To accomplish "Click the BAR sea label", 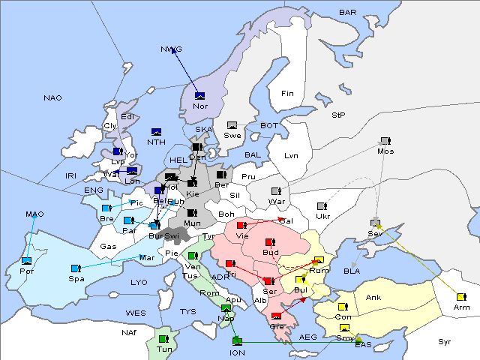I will [348, 12].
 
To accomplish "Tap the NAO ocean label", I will [52, 98].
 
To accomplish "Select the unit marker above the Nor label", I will [199, 95].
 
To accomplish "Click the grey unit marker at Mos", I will [385, 140].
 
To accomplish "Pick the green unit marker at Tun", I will [163, 339].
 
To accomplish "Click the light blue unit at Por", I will [27, 260].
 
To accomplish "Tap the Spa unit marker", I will [75, 268].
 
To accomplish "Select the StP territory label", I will [338, 115].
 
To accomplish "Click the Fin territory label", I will [286, 93].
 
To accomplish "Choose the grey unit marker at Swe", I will [232, 124].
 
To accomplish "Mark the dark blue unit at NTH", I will [157, 132].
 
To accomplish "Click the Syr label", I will [445, 341].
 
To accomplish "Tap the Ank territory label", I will [373, 298].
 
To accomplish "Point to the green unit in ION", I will [238, 342].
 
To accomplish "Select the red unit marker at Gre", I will [276, 316].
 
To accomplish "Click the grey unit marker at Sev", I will [375, 223].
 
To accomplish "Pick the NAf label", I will [130, 331].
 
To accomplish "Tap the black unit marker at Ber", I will [221, 175].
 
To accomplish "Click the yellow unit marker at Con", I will [343, 307].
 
